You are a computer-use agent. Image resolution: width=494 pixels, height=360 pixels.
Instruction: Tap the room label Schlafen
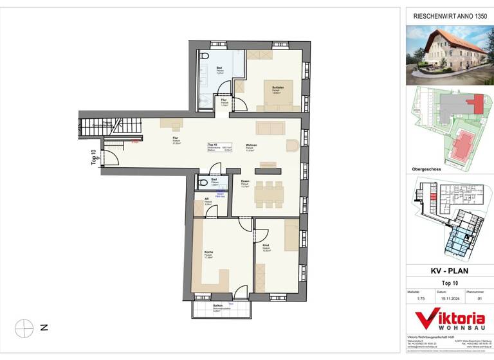click(x=277, y=88)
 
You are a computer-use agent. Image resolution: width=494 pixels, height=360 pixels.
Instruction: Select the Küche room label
click(x=208, y=252)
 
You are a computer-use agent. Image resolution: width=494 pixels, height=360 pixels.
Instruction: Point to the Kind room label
click(x=266, y=246)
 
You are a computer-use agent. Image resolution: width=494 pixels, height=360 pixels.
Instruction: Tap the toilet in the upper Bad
click(x=204, y=57)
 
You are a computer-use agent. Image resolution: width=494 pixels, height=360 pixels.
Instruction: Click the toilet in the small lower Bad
click(x=203, y=182)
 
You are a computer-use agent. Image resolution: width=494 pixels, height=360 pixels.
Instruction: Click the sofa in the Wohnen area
click(x=270, y=127)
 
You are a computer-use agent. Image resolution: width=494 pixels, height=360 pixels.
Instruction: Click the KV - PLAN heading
click(x=450, y=271)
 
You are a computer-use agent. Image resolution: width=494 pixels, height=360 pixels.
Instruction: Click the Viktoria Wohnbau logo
click(x=450, y=319)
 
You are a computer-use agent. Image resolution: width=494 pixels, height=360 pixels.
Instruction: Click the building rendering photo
click(x=450, y=56)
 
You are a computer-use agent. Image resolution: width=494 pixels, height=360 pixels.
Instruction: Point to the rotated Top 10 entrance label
click(x=93, y=157)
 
